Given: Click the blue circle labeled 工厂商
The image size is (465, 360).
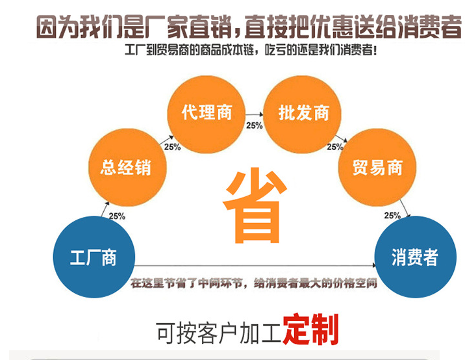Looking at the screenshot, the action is pyautogui.click(x=94, y=257).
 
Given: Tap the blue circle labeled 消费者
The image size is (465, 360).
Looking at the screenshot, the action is pyautogui.click(x=415, y=257).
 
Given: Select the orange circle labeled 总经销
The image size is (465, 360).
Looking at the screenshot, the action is pyautogui.click(x=127, y=168).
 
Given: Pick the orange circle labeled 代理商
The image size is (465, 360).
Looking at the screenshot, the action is pyautogui.click(x=207, y=114).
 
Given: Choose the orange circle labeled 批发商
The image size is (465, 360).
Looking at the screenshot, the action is pyautogui.click(x=303, y=114).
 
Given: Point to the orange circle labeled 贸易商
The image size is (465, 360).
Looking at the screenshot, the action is pyautogui.click(x=377, y=168).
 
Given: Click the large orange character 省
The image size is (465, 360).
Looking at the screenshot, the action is pyautogui.click(x=255, y=205).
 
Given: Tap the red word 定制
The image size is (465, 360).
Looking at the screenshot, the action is pyautogui.click(x=310, y=329).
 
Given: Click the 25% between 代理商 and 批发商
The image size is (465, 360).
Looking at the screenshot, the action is pyautogui.click(x=255, y=125).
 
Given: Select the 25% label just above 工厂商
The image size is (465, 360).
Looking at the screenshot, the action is pyautogui.click(x=117, y=216).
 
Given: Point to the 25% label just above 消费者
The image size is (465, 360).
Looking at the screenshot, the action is pyautogui.click(x=392, y=216).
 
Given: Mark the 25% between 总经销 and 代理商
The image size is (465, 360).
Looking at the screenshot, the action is pyautogui.click(x=172, y=147).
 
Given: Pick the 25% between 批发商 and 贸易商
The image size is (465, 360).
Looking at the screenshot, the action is pyautogui.click(x=335, y=147).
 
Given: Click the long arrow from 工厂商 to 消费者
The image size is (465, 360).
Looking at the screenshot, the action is pyautogui.click(x=255, y=265).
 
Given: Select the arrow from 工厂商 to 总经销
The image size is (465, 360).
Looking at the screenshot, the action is pyautogui.click(x=105, y=209).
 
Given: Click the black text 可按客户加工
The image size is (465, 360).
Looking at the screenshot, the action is pyautogui.click(x=219, y=333).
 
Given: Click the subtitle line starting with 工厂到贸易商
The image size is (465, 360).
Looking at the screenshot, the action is pyautogui.click(x=251, y=49).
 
